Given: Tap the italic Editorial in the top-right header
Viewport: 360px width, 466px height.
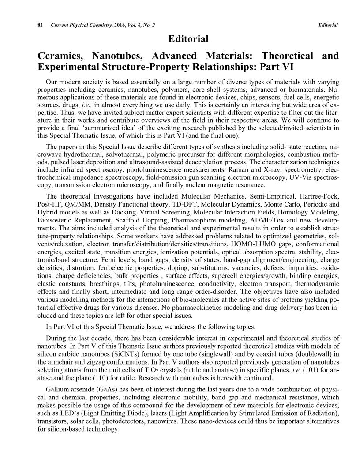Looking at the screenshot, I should [328, 25].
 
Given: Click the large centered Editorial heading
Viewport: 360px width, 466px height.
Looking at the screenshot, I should [188, 39].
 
